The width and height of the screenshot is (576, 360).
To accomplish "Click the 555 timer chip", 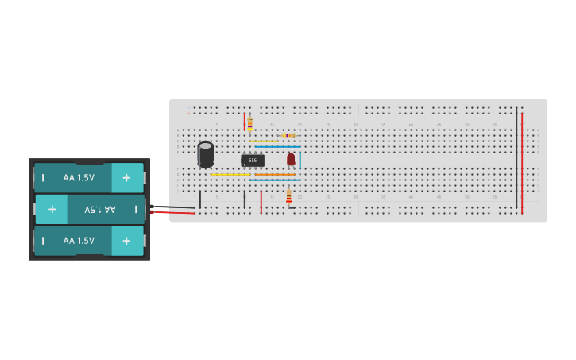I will (253, 160).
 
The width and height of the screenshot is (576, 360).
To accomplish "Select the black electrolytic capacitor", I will (206, 154).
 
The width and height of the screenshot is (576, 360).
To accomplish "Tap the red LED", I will (291, 159).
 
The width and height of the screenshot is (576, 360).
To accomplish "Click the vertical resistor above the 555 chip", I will (249, 123).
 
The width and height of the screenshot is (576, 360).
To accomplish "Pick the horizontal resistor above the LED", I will (289, 136).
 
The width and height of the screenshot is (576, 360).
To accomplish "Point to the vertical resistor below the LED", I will (288, 196).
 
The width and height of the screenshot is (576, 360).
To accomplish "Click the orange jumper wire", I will (274, 174).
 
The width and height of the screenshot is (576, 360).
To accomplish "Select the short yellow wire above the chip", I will (264, 141).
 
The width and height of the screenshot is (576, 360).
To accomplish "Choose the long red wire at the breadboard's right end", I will (522, 163).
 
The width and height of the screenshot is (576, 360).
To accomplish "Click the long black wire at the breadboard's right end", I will (516, 159).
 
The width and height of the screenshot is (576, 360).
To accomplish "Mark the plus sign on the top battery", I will (126, 178).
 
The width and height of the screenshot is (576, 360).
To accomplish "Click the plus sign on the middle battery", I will (52, 209).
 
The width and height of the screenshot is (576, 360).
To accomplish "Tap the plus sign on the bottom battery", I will (126, 240).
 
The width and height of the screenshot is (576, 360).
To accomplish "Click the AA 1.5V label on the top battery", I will (79, 178).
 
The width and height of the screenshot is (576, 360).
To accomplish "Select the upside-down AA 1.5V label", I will (100, 209).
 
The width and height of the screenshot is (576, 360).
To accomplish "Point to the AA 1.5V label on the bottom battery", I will (79, 240).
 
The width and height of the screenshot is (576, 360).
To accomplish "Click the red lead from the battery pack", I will (175, 212).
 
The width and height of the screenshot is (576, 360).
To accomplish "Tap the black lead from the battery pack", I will (175, 207).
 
